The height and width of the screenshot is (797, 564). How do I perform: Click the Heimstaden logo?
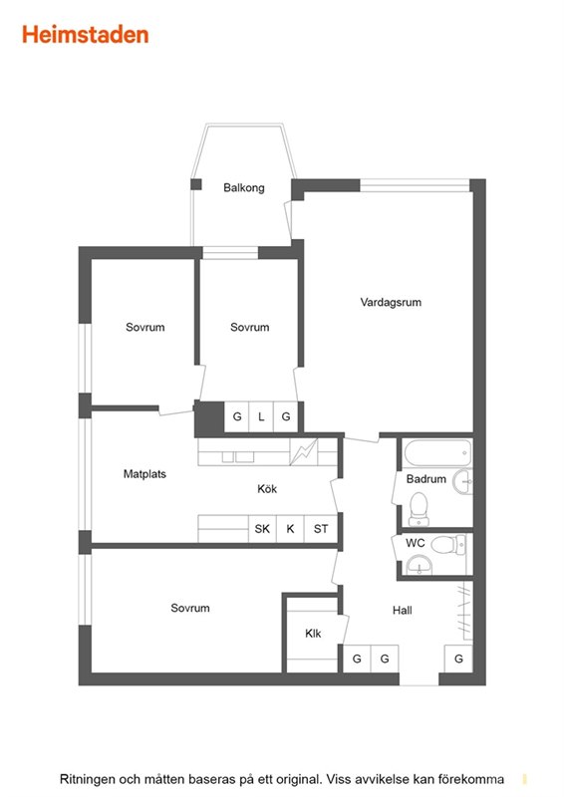(86, 35)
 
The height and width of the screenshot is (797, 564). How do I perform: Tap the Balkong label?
(244, 187)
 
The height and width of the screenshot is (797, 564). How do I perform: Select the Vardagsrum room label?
(391, 302)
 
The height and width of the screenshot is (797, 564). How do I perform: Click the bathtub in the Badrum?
(437, 452)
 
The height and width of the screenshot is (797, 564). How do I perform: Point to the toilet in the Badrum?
(420, 509)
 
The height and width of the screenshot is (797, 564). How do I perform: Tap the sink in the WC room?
(420, 565)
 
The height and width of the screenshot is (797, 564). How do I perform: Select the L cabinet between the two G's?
(261, 416)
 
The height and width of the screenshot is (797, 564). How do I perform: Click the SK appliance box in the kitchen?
(262, 529)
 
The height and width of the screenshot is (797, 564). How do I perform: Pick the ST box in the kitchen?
(321, 529)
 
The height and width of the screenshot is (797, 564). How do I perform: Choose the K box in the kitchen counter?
(290, 529)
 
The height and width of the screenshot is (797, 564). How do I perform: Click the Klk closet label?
(313, 634)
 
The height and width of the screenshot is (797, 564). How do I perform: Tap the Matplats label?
(144, 474)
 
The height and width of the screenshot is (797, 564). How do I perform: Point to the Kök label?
(267, 488)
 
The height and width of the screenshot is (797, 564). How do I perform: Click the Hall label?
(403, 610)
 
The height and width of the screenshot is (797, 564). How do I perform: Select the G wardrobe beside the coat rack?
(458, 659)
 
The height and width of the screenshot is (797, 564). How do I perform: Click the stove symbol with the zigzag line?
(304, 452)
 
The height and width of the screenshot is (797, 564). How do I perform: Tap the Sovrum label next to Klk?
(190, 608)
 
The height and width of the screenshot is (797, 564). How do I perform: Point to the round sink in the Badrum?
(463, 481)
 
